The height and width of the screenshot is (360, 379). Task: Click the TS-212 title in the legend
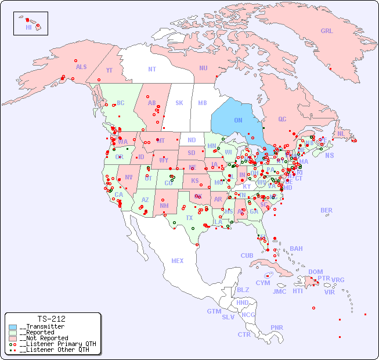(x=51, y=319)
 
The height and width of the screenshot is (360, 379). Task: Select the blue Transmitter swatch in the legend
(x=13, y=327)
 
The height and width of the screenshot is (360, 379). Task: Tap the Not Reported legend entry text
(x=44, y=338)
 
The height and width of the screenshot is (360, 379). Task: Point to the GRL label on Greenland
(x=327, y=31)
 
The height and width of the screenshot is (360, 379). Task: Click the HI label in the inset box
(x=28, y=27)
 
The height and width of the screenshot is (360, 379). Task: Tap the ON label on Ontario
(x=238, y=120)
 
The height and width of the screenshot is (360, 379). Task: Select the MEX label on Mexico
(x=178, y=261)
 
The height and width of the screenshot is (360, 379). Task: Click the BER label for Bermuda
(x=327, y=211)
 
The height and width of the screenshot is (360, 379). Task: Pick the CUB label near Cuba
(x=247, y=255)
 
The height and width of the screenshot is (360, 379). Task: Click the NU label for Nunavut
(x=203, y=69)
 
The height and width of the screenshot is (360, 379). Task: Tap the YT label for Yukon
(x=109, y=70)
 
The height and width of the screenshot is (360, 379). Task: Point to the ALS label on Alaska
(x=81, y=67)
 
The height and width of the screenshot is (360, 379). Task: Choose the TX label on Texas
(x=189, y=218)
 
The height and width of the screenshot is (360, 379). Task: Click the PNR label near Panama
(x=277, y=327)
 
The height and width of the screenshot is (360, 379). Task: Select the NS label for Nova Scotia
(x=330, y=156)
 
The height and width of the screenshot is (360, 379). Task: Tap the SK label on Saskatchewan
(x=179, y=103)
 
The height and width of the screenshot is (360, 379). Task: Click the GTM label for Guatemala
(x=214, y=311)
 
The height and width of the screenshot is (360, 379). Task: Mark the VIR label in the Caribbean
(x=330, y=292)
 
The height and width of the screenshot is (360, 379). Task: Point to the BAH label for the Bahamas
(x=296, y=249)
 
